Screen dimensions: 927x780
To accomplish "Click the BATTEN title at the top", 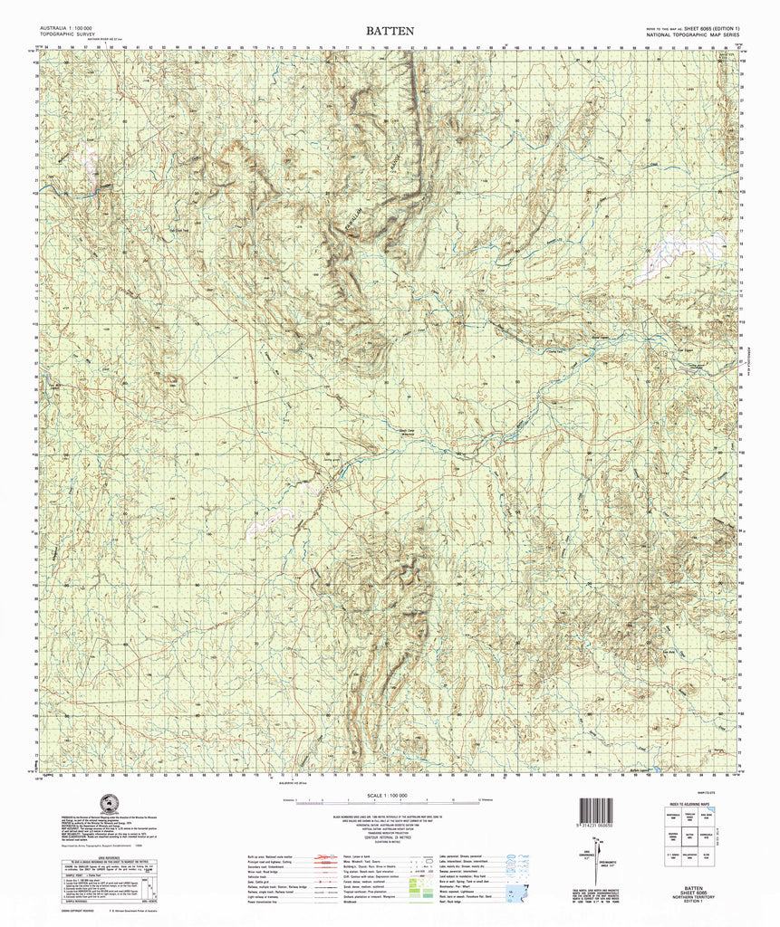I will pos(390,31).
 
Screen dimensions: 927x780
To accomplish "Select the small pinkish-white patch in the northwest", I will pos(89,150).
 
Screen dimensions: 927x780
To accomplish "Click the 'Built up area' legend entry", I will pos(272,865).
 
